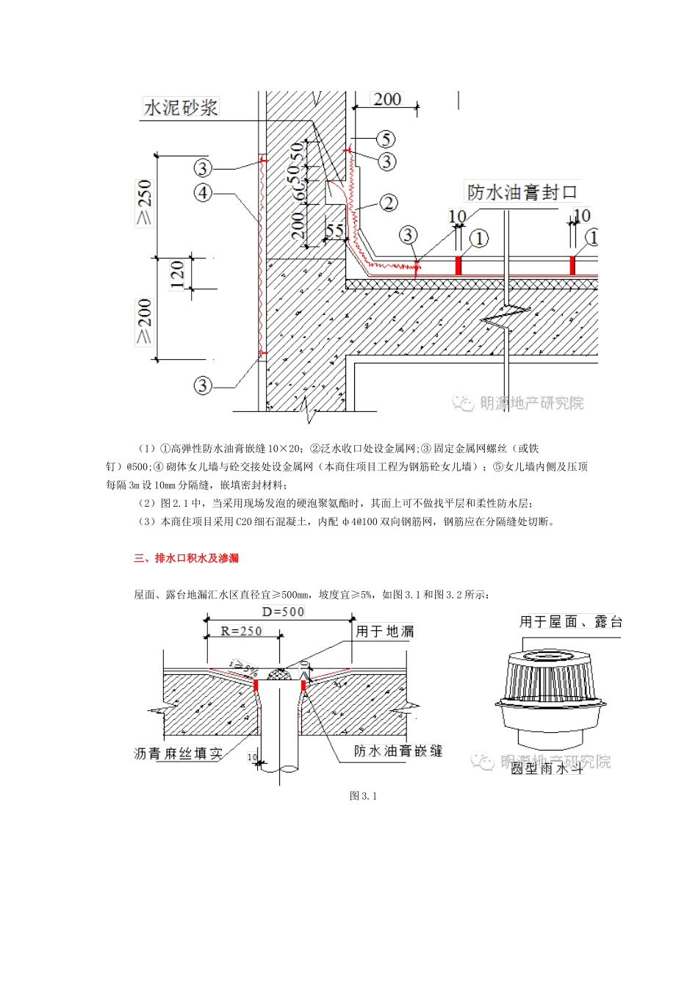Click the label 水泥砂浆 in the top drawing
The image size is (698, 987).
181,107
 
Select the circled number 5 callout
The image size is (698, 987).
386,139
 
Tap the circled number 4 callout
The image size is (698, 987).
203,192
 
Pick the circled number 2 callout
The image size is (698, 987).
389,203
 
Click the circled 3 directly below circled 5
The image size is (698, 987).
386,161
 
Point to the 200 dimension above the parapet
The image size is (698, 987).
386,99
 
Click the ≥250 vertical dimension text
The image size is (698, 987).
144,203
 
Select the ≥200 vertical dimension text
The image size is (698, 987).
144,322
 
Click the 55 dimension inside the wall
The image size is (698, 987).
335,231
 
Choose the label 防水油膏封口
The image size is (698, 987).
522,192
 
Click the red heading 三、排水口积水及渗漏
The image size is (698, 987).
187,558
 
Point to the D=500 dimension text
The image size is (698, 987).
283,612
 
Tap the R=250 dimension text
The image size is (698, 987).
241,631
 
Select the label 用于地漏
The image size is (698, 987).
384,631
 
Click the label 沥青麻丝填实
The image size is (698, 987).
178,753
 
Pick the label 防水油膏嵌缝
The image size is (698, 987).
398,751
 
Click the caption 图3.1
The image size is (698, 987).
363,796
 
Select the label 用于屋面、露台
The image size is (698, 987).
571,622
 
